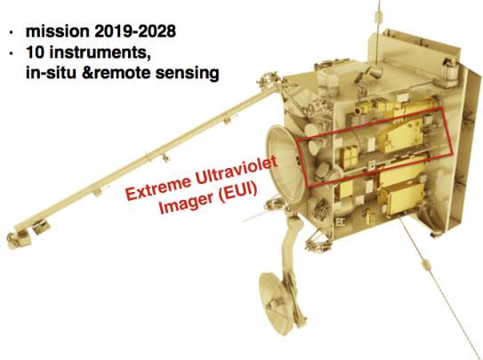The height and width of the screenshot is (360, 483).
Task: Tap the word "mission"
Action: click(58, 31)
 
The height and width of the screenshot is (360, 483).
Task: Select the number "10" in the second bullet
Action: click(36, 52)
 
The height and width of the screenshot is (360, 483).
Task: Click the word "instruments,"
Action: click(101, 52)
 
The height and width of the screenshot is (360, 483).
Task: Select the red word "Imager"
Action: click(187, 202)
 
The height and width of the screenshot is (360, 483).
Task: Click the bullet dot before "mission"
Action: click(12, 32)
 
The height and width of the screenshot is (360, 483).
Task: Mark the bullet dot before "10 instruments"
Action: click(12, 53)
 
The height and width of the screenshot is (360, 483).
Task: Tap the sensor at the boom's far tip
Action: click(17, 238)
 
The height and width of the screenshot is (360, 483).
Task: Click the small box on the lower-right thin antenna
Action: click(425, 264)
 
